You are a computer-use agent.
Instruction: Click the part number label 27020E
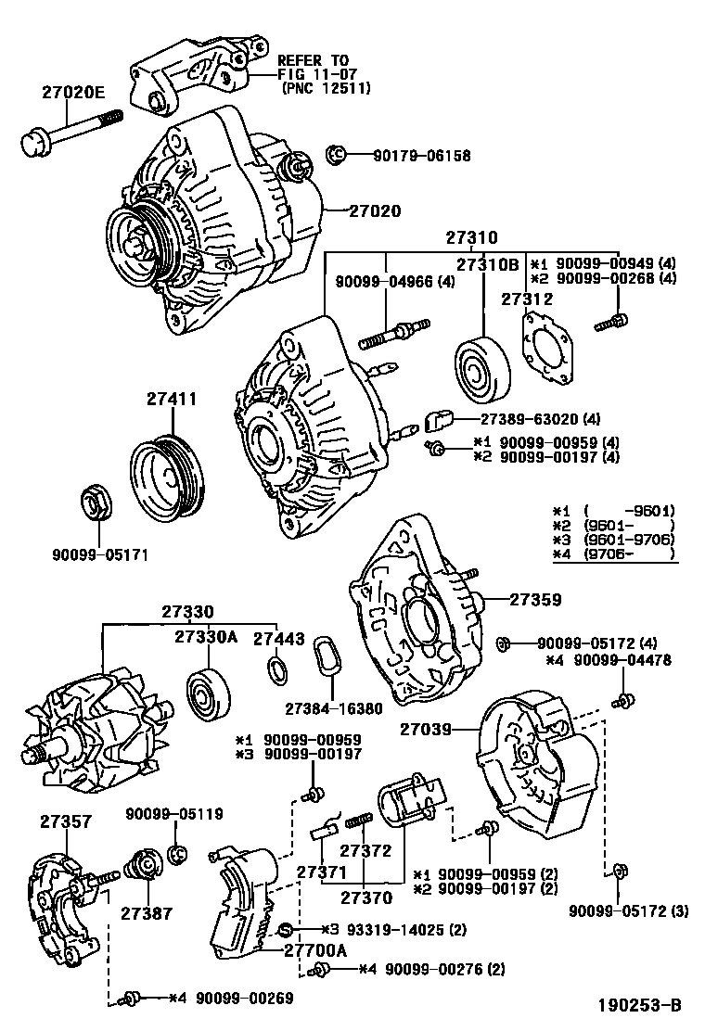[73, 93]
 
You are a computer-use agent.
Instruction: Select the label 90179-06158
[421, 156]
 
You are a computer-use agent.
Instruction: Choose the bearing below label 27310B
[482, 370]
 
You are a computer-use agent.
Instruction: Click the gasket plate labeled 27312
[545, 349]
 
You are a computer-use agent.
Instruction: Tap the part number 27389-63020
[530, 419]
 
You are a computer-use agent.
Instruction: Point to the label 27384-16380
[333, 708]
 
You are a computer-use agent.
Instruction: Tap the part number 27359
[535, 599]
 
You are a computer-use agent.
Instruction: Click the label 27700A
[315, 950]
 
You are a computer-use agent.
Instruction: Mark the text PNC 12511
[327, 87]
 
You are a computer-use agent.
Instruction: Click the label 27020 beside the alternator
[374, 211]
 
